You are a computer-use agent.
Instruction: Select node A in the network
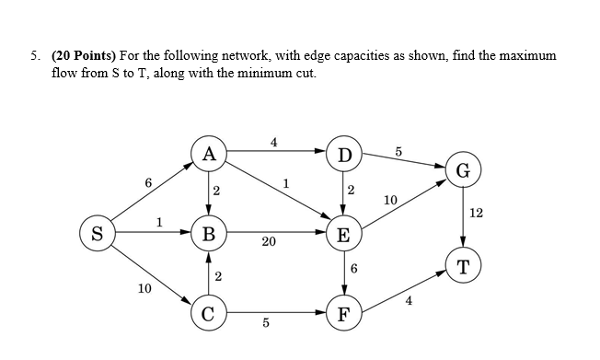click(x=209, y=154)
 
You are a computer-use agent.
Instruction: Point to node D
click(x=343, y=154)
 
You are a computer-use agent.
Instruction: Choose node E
click(x=343, y=233)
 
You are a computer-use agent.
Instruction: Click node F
click(x=343, y=311)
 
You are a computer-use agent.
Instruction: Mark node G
click(x=462, y=170)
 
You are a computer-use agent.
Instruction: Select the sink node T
click(x=462, y=267)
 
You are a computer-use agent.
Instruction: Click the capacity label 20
click(x=269, y=242)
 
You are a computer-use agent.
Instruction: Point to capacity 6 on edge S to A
click(x=148, y=183)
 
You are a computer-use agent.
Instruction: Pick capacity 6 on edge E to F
click(x=354, y=269)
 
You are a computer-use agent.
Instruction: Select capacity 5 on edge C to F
click(x=265, y=322)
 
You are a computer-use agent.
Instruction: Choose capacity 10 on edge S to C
click(x=144, y=289)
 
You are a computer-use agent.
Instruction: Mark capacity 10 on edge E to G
click(x=390, y=200)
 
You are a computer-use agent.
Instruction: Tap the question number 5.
click(x=34, y=56)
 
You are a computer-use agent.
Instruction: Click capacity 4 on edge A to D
click(x=273, y=142)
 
